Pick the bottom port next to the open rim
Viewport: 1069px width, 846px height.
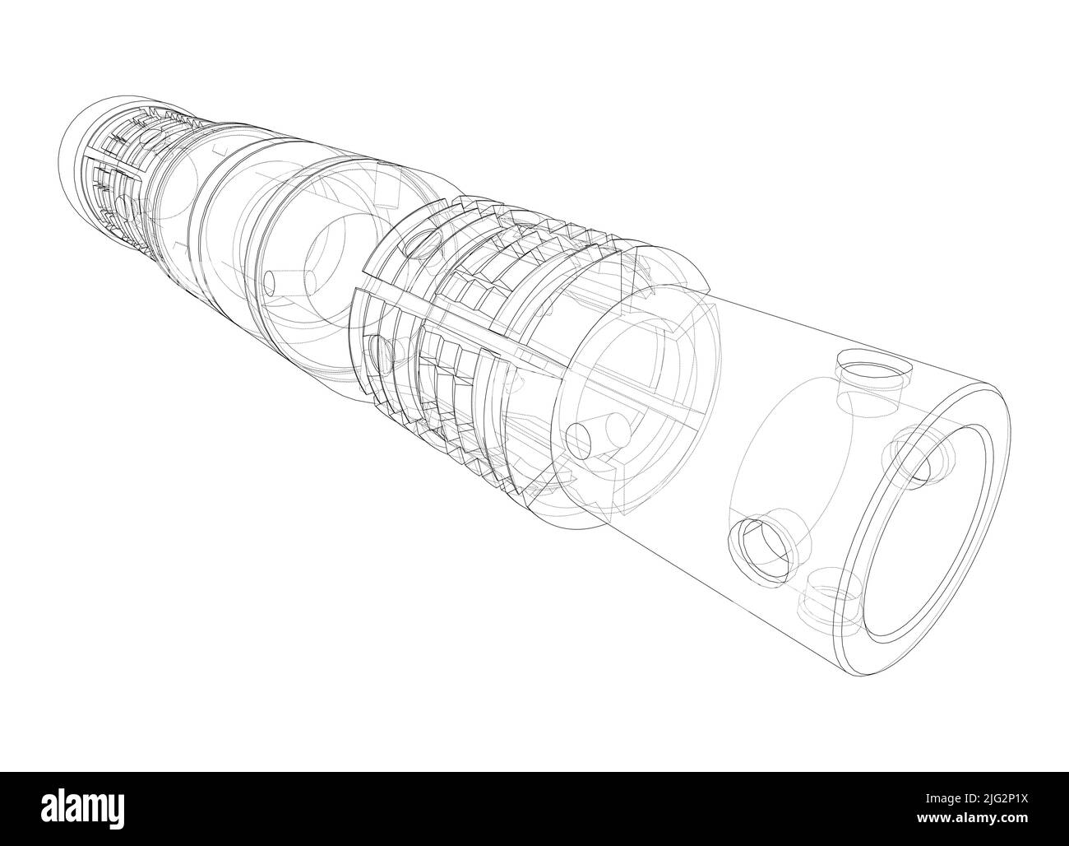[831, 597]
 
